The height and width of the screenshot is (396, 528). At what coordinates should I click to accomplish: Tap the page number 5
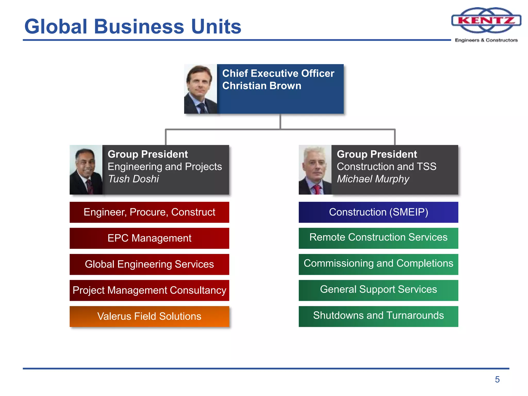[497, 379]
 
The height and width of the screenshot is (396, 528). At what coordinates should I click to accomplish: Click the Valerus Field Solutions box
[149, 316]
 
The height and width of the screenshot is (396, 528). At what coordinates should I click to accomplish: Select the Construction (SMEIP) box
[378, 212]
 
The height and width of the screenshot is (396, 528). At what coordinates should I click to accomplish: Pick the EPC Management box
[149, 238]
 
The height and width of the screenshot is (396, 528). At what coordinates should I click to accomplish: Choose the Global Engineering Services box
[149, 264]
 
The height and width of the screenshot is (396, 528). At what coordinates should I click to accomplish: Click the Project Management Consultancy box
[149, 290]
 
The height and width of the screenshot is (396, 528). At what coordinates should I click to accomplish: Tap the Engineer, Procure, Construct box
[149, 212]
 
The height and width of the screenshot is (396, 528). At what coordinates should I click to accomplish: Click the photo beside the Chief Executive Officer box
[201, 89]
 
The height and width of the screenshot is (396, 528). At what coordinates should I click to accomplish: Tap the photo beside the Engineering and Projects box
[86, 170]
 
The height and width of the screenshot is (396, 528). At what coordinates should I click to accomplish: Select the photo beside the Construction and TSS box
[315, 170]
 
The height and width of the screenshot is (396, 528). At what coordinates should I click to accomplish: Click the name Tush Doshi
[134, 179]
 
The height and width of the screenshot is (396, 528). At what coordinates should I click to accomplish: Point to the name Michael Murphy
[373, 179]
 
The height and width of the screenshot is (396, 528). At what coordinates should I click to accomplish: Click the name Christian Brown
[262, 86]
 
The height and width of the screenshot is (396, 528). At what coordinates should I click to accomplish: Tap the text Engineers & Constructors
[486, 40]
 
